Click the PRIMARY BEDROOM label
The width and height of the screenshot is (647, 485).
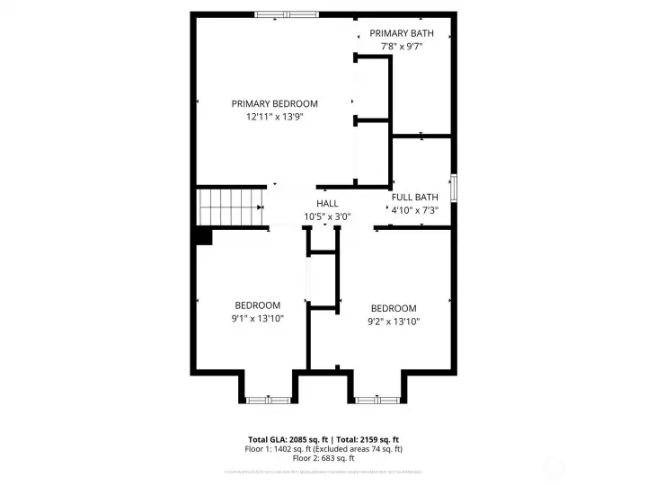(274, 104)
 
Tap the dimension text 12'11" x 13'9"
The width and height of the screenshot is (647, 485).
(274, 117)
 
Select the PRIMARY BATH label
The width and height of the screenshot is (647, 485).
(402, 33)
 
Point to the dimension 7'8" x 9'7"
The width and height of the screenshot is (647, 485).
(402, 46)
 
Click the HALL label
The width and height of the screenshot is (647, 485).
(327, 204)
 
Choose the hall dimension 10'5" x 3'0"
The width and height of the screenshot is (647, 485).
(327, 216)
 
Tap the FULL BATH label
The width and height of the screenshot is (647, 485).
(414, 198)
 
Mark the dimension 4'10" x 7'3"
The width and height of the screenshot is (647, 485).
(414, 210)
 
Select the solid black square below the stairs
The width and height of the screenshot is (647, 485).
(203, 235)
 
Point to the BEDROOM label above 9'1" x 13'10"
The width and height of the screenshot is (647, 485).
(258, 305)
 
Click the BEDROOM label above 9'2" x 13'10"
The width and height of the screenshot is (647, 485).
(394, 308)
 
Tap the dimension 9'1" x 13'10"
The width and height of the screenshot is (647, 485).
(258, 318)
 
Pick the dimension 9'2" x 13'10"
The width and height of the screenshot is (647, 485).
(394, 321)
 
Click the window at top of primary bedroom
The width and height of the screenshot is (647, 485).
(286, 13)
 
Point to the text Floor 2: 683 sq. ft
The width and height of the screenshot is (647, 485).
(323, 458)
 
